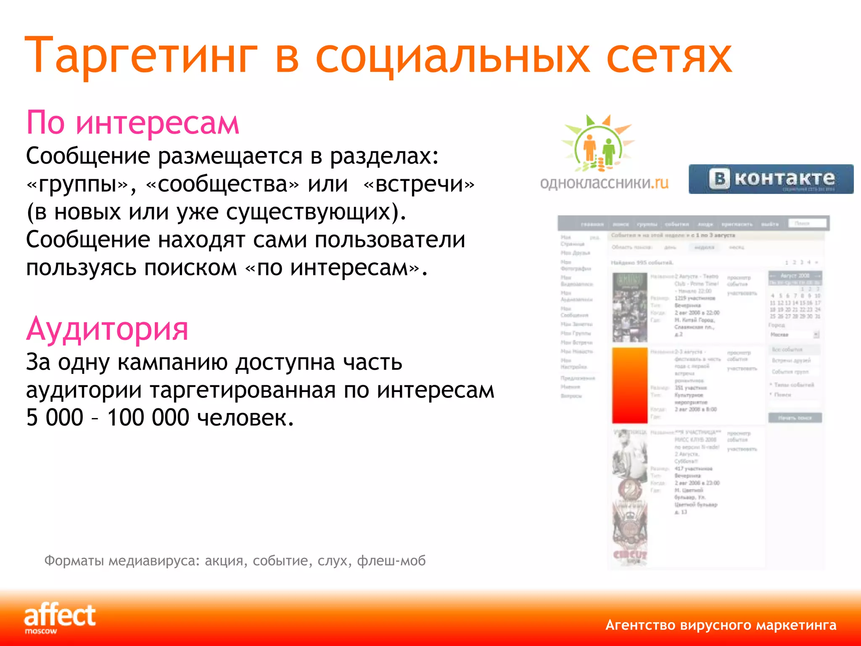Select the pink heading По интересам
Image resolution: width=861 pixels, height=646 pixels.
[x=132, y=123]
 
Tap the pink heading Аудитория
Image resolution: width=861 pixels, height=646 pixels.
[x=107, y=329]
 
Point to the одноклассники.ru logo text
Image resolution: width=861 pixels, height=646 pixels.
[x=604, y=183]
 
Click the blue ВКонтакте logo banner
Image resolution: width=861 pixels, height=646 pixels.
[x=771, y=179]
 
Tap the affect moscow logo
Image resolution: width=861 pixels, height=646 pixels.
[x=60, y=617]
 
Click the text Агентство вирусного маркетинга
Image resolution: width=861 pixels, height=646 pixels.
[x=721, y=625]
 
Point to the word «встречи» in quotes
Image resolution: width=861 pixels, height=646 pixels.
[x=419, y=184]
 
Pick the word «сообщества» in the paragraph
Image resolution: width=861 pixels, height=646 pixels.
[x=223, y=184]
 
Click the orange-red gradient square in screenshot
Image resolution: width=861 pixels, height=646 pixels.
[x=629, y=385]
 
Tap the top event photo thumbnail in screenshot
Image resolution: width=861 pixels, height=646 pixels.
[x=629, y=307]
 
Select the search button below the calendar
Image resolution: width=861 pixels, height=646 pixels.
[x=795, y=418]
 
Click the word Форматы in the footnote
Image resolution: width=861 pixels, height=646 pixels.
[x=74, y=561]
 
